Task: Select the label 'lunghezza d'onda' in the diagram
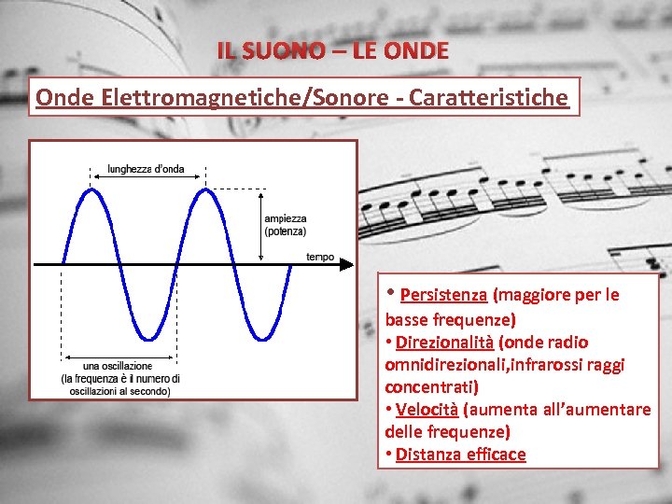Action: pyautogui.click(x=146, y=169)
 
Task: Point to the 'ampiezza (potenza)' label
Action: pyautogui.click(x=285, y=224)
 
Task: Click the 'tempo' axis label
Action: pyautogui.click(x=319, y=257)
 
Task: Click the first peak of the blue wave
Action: pyautogui.click(x=91, y=189)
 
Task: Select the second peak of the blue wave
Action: pyautogui.click(x=205, y=189)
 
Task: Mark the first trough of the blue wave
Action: pyautogui.click(x=148, y=338)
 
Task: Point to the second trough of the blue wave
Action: pyautogui.click(x=262, y=338)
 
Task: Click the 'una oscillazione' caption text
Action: pyautogui.click(x=118, y=366)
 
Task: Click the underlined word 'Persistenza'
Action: pyautogui.click(x=443, y=295)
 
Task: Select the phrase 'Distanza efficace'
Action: pyautogui.click(x=460, y=455)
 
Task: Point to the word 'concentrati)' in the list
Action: pyautogui.click(x=431, y=386)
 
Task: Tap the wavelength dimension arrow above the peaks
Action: pyautogui.click(x=147, y=177)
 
